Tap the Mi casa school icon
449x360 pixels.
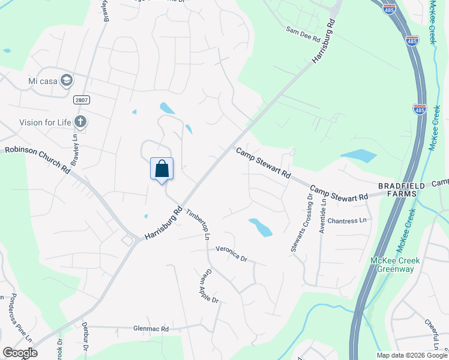coord(67,80)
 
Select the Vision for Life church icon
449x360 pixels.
coord(80,122)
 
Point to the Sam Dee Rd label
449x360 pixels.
coord(303,34)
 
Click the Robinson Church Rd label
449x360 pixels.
coord(37,160)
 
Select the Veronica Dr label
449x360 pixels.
coord(232,254)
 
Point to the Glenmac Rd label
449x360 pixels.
coord(151,329)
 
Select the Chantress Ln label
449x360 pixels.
coord(347,221)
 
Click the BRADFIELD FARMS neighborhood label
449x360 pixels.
coord(401,190)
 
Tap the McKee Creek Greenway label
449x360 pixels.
coord(395,265)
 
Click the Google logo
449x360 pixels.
coord(19,353)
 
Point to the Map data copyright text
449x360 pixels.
coord(411,355)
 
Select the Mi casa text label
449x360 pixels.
coord(42,80)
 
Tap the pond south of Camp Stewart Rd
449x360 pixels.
coord(260,227)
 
